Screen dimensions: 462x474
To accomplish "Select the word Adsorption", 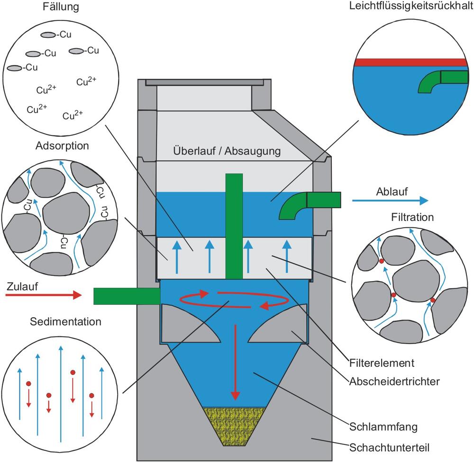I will pos(62,146).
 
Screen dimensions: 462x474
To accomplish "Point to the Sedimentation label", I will pos(65,322).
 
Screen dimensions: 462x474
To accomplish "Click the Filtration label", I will pos(413,218).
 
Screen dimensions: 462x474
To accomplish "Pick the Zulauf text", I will pos(23,286).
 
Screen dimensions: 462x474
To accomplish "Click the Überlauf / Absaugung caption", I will pos(227,151).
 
